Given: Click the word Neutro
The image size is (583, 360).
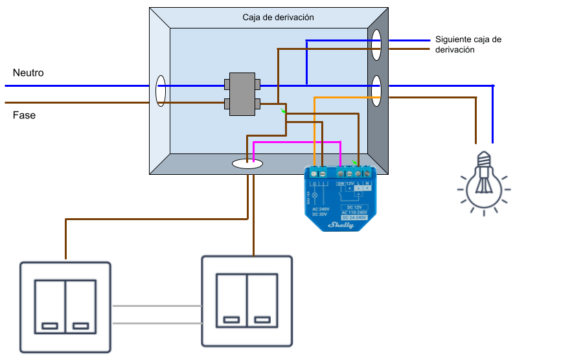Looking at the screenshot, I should tap(29, 73).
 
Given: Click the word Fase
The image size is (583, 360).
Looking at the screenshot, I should tap(25, 115).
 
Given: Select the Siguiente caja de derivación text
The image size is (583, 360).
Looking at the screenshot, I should tap(468, 44).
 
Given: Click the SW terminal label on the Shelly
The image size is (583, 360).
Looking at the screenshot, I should tap(341, 183).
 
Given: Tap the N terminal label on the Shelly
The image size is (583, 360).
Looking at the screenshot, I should tap(367, 183).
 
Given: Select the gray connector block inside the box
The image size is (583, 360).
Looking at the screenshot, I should tap(242, 94).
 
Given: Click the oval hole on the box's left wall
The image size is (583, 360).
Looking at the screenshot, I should tap(161, 91).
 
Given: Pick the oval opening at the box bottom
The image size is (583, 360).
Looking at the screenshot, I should tap(247, 164).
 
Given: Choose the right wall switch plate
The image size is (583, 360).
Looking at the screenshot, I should tap(247, 301).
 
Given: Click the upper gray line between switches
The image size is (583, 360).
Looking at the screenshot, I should tap(156, 306).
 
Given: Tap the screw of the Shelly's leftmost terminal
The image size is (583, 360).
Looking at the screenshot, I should tap(314, 174).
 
